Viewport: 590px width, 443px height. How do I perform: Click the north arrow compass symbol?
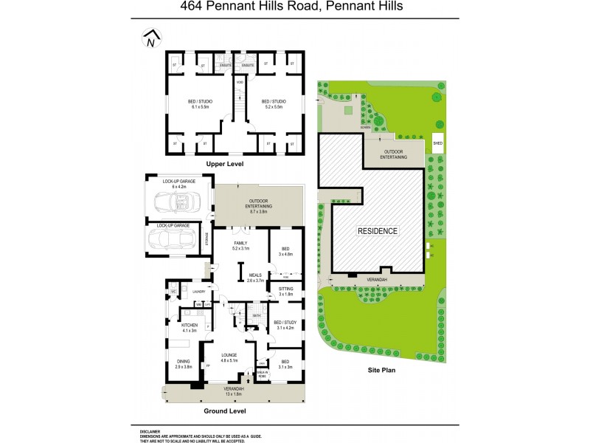coord(151,38)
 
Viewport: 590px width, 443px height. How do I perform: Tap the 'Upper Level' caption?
coord(225,163)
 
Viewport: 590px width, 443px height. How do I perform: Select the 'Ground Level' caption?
coord(225,411)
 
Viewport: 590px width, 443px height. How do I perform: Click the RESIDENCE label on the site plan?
coord(378,231)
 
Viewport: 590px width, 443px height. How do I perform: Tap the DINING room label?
coord(184,360)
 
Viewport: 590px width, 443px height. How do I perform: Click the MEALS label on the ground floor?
coord(254,275)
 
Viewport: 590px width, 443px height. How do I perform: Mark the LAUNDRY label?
coord(198,292)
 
